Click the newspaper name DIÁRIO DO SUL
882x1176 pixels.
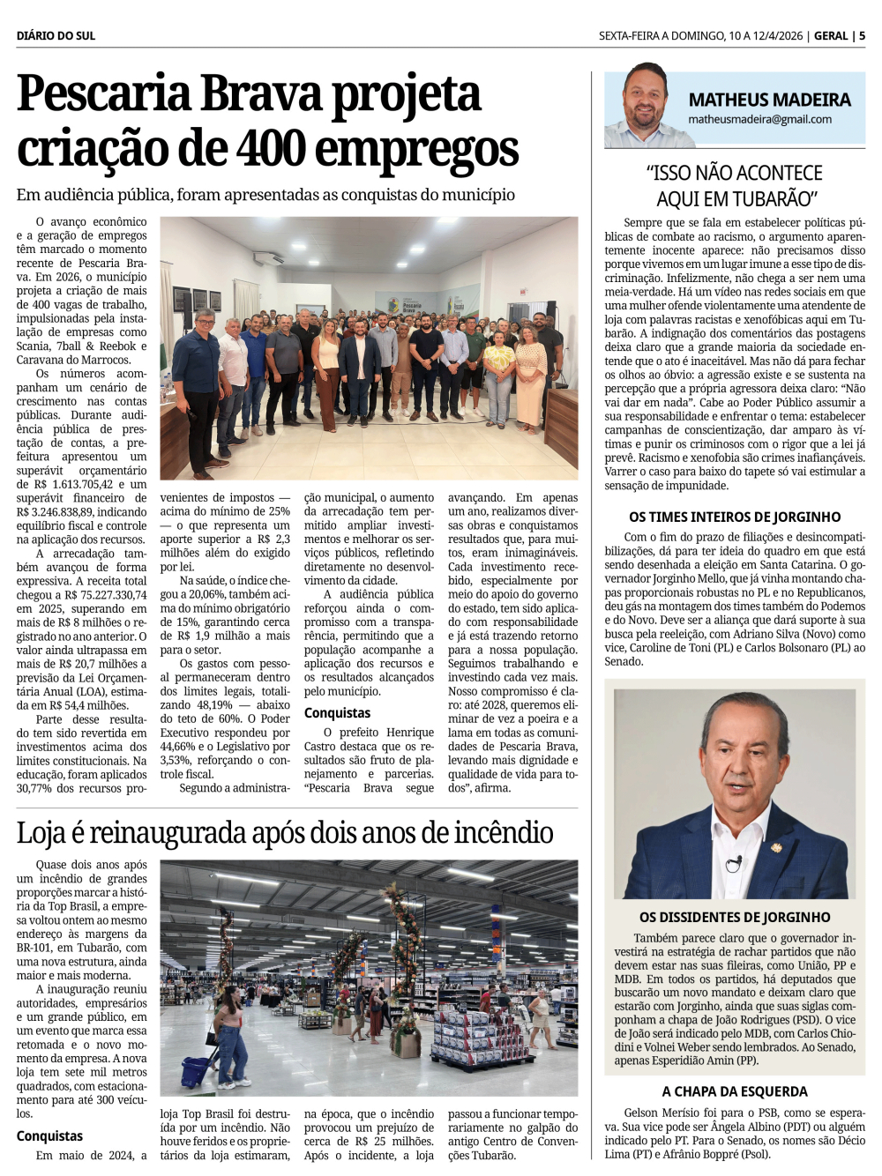point(56,35)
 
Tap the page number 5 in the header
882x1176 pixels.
point(862,35)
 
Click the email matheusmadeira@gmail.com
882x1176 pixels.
point(759,119)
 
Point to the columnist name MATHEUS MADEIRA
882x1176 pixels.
point(769,100)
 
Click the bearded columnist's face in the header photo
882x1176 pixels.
point(645,94)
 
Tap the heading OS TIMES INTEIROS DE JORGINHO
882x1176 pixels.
point(735,517)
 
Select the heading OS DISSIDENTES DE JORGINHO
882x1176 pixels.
point(735,917)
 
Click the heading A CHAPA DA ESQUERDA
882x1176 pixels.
point(735,1091)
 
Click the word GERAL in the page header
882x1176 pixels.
point(831,35)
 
